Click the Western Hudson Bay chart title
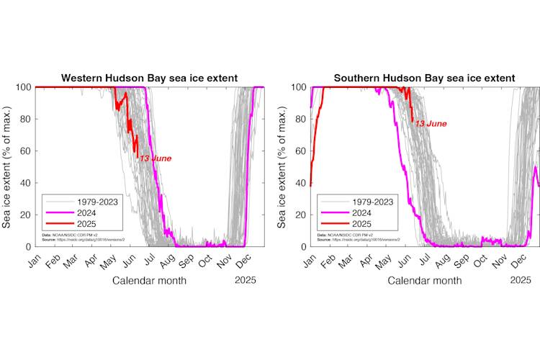click(x=149, y=78)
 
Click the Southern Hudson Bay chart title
click(x=424, y=78)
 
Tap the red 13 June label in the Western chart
click(x=156, y=158)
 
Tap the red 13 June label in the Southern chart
click(x=431, y=124)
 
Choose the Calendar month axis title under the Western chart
click(x=150, y=280)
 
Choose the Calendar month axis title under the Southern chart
click(x=425, y=280)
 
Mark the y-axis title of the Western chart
click(x=8, y=166)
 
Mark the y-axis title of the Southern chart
click(x=283, y=166)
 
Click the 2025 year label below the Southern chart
click(x=520, y=280)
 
